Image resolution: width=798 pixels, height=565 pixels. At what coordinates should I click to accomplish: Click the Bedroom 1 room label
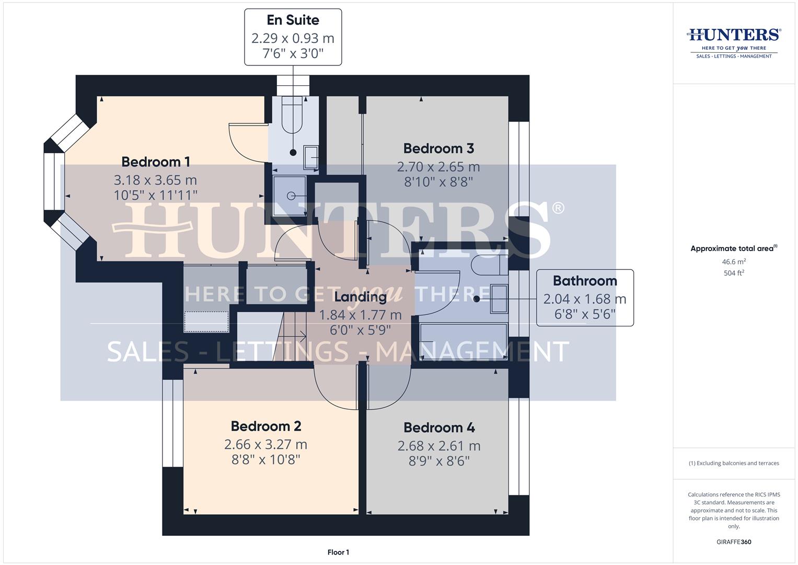[x=155, y=162]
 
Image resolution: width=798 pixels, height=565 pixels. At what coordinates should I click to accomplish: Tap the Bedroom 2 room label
[x=266, y=426]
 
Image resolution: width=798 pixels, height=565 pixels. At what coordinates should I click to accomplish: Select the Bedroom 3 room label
[x=438, y=149]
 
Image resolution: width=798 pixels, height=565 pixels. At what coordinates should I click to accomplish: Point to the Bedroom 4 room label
[x=439, y=428]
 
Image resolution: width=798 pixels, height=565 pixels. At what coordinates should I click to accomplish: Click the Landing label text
[x=360, y=297]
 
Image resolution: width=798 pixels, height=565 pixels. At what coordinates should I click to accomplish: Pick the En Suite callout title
[x=293, y=20]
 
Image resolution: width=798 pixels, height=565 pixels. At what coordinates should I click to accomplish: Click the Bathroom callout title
[x=585, y=281]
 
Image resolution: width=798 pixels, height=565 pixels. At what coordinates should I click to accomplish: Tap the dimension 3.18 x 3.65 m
[x=155, y=180]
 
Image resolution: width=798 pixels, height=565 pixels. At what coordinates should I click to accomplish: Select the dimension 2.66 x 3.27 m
[x=266, y=445]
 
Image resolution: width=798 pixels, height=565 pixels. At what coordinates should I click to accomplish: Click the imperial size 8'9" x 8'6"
[x=439, y=461]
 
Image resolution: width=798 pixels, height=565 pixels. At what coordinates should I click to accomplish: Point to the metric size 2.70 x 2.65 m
[x=438, y=167]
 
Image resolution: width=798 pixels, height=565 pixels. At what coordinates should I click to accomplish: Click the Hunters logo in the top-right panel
[x=733, y=42]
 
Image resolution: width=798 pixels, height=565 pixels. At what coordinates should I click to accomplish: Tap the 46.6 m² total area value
[x=734, y=262]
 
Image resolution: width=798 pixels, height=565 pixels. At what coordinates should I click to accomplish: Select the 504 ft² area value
[x=734, y=273]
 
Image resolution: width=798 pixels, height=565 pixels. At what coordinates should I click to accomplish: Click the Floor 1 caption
[x=338, y=552]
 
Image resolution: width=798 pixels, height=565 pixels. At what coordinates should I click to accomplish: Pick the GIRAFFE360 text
[x=734, y=542]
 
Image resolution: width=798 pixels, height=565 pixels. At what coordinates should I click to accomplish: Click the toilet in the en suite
[x=292, y=115]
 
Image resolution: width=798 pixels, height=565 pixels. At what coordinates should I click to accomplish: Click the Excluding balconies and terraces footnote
[x=734, y=464]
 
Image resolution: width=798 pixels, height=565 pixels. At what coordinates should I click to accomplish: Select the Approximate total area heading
[x=733, y=248]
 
